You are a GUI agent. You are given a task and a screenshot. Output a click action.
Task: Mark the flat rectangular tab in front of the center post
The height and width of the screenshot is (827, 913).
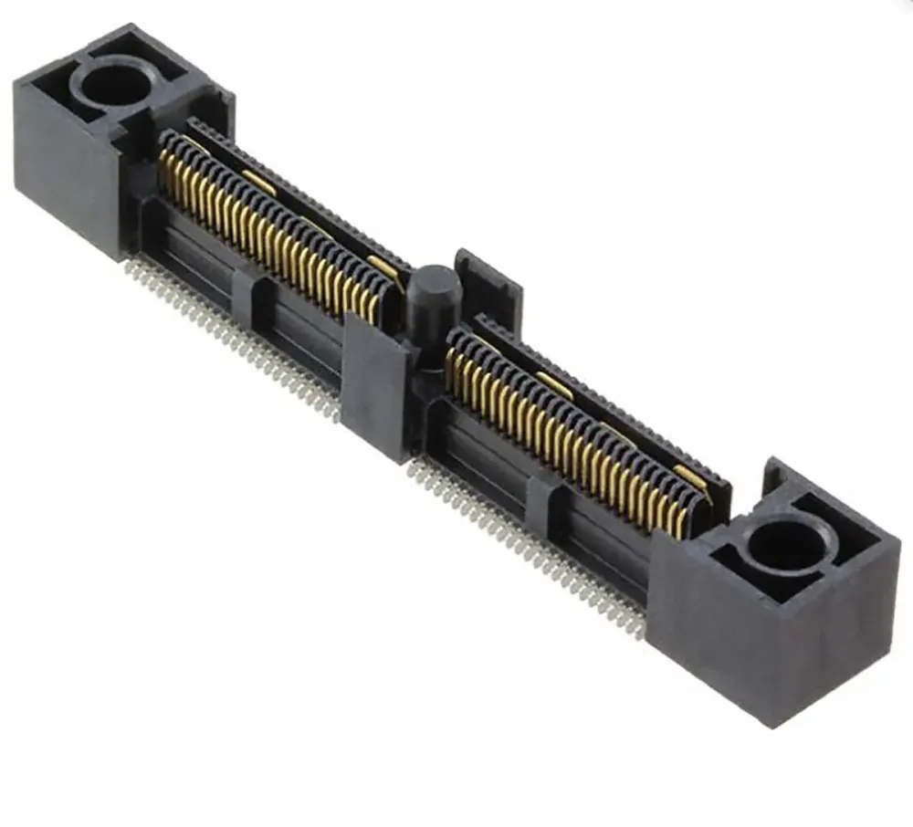point(374,383)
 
